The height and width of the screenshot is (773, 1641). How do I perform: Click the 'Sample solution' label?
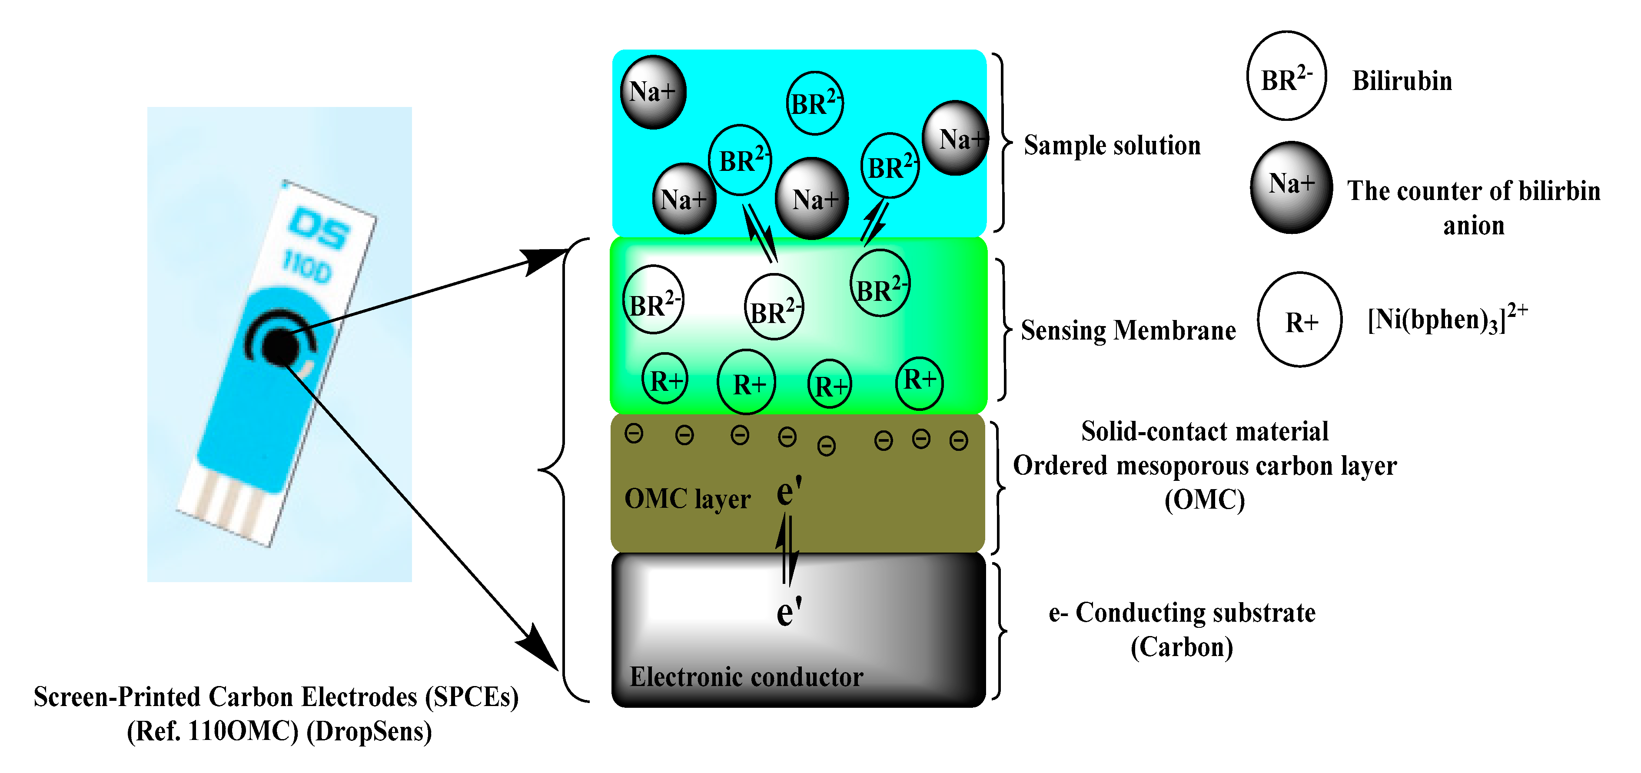1112,145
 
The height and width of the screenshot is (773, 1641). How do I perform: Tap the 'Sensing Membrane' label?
1128,330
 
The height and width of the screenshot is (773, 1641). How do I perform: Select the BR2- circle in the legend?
1286,76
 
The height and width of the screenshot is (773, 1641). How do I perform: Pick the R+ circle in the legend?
1299,320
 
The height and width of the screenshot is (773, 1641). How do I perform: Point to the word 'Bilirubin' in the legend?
1402,81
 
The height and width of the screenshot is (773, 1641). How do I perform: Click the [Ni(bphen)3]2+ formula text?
1446,319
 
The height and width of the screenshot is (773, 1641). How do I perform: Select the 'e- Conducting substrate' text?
1182,613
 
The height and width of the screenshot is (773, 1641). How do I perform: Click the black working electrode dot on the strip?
279,347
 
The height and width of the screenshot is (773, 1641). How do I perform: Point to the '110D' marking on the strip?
307,267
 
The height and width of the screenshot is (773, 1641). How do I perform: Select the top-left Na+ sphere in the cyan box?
652,92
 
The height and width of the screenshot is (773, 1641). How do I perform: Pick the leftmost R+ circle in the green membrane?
665,380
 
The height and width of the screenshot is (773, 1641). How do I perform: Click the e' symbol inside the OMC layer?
789,491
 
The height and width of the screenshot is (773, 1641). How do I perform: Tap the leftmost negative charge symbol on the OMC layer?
634,434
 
